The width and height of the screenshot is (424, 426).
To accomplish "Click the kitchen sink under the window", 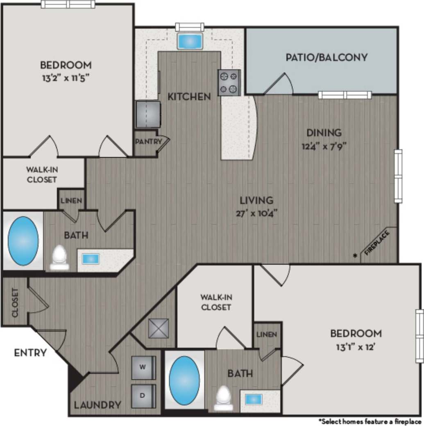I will tap(190, 41).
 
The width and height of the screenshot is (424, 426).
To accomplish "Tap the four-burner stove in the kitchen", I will tap(229, 82).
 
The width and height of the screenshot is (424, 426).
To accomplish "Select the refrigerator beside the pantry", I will tap(148, 114).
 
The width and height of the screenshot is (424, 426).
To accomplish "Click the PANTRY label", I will tap(146, 142).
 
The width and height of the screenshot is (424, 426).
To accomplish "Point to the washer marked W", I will tap(143, 367).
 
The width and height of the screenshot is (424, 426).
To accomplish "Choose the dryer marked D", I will tap(143, 396).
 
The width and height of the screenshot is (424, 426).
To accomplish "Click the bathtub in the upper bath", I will tap(23, 240).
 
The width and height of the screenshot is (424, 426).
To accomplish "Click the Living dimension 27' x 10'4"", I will tap(256, 213).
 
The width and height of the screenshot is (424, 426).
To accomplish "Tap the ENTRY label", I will tap(30, 353).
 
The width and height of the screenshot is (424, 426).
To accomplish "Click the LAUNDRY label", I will tap(97, 405).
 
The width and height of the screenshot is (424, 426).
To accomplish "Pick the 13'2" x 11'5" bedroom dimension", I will tap(66, 78).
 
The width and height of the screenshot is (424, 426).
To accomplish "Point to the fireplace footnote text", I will tap(370, 421).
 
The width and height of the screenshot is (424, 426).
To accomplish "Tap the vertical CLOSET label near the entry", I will tap(15, 302).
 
